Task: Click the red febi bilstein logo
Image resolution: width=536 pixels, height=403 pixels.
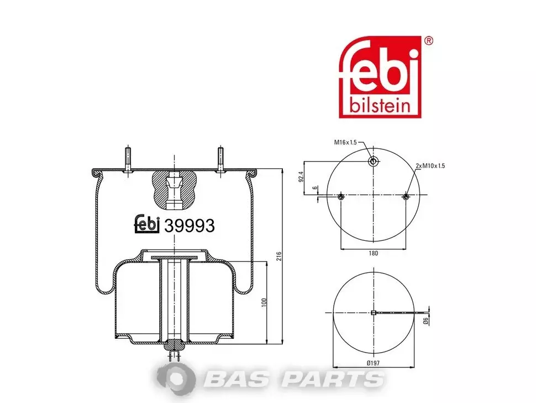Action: coord(380,77)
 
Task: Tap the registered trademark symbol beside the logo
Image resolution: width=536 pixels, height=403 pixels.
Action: coord(428,41)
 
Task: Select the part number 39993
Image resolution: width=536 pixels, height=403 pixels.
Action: coord(190,226)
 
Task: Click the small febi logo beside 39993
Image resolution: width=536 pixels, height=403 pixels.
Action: coord(147,224)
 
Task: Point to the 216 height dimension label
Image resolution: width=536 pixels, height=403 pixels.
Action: coord(279,256)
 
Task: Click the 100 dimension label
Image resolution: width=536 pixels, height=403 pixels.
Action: coord(264,302)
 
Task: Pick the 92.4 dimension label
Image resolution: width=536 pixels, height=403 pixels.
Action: coord(301,177)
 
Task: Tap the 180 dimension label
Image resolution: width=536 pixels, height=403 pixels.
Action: coord(374,253)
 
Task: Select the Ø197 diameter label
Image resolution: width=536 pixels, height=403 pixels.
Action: coord(373,363)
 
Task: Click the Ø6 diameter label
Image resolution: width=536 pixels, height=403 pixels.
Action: coord(425,321)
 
